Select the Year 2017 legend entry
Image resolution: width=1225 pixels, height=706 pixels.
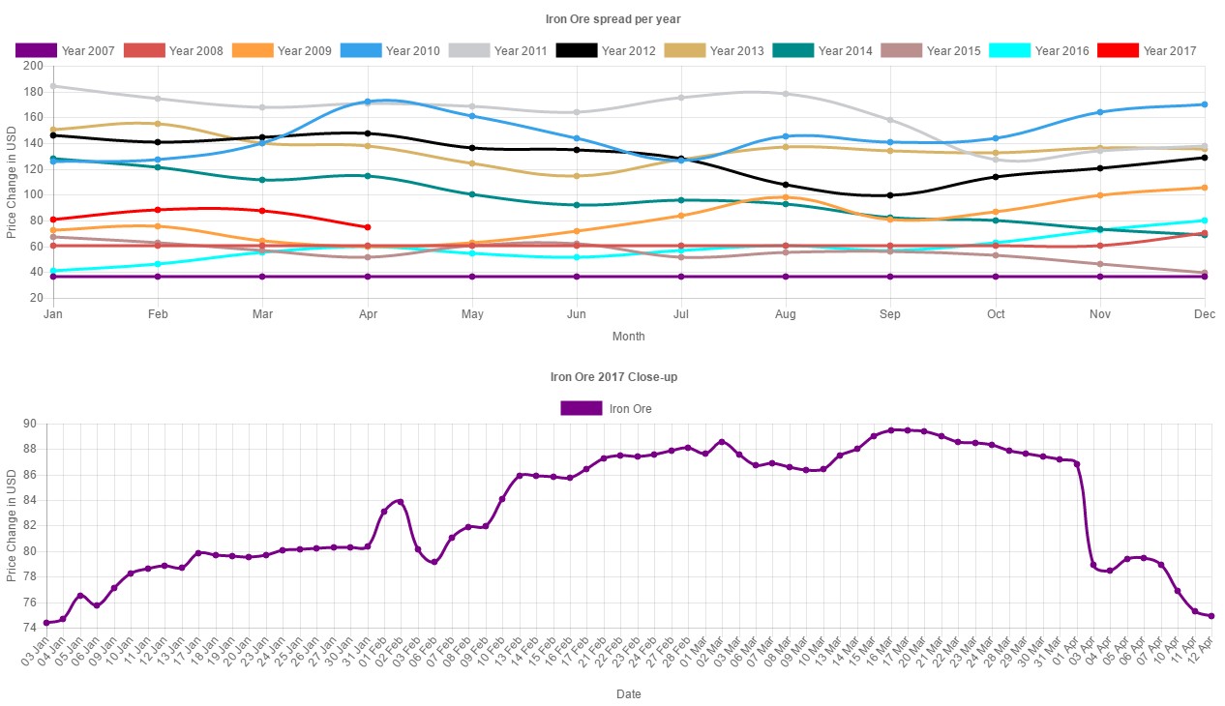1148,50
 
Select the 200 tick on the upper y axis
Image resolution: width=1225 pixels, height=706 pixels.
34,66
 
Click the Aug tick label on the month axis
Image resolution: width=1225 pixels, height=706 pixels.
786,314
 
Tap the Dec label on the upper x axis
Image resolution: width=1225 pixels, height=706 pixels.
1204,314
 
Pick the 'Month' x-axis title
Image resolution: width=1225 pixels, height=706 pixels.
628,337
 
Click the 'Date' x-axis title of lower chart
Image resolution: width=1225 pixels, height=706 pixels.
628,694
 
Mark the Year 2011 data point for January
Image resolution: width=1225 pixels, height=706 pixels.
52,86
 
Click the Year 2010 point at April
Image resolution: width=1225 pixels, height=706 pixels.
368,102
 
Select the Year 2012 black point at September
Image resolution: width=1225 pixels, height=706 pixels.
890,195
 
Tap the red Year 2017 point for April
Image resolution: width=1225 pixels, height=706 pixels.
368,227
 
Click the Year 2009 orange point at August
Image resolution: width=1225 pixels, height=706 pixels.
786,197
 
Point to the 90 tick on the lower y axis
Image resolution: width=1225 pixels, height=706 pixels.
29,425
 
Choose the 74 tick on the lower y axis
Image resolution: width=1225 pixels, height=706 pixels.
29,628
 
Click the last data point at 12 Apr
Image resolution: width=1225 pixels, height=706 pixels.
1211,616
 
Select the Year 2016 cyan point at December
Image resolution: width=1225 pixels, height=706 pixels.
1205,221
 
